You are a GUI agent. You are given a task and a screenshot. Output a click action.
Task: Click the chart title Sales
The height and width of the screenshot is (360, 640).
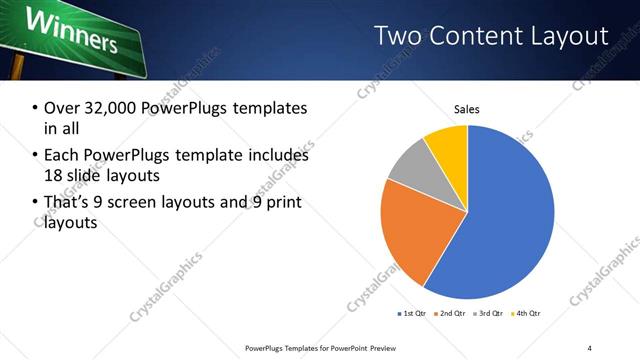click(x=467, y=108)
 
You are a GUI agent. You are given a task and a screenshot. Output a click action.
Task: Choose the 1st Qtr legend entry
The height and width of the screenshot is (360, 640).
click(x=412, y=313)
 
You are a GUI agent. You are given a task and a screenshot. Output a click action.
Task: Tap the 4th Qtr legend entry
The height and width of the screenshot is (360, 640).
click(x=527, y=313)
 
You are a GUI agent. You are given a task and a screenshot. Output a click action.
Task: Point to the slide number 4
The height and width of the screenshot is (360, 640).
click(x=590, y=348)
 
